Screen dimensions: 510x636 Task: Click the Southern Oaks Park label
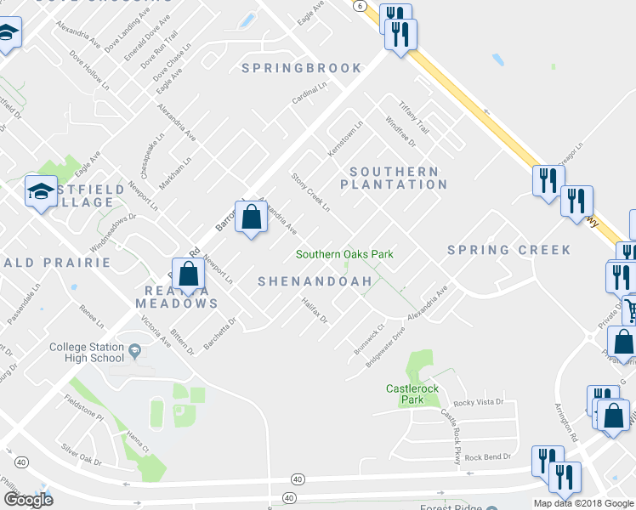tap(344, 254)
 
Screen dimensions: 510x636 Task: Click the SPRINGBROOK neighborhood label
tap(302, 68)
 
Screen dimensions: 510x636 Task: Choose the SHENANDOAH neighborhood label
tap(315, 280)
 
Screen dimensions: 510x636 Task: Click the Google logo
tap(28, 500)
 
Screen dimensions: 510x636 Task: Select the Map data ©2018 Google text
tap(583, 503)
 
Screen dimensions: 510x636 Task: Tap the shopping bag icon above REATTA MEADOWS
tap(189, 274)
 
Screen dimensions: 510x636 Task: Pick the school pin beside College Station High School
tap(134, 350)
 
